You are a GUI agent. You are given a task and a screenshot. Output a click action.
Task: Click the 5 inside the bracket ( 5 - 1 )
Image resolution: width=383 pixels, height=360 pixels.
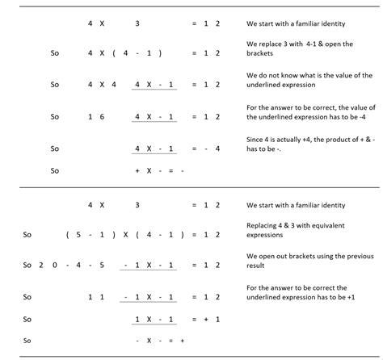[78, 235]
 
